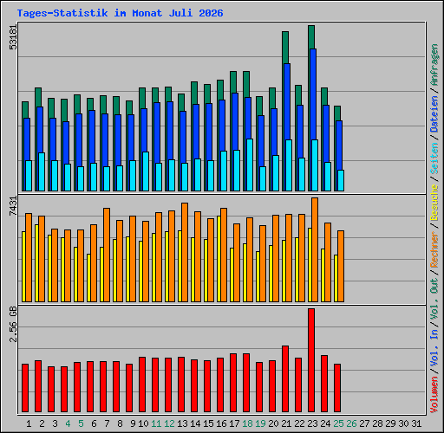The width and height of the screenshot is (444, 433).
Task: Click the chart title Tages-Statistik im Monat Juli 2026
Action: pyautogui.click(x=120, y=13)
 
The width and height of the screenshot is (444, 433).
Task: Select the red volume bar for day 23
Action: pyautogui.click(x=311, y=360)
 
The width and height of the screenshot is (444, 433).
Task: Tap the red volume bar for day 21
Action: pyautogui.click(x=285, y=378)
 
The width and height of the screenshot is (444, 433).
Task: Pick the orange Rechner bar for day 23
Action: pyautogui.click(x=315, y=250)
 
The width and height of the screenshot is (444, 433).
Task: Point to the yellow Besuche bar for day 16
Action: pyautogui.click(x=219, y=259)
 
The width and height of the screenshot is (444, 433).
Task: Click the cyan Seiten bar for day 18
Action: pyautogui.click(x=250, y=165)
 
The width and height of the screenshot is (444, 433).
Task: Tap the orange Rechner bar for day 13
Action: pyautogui.click(x=185, y=253)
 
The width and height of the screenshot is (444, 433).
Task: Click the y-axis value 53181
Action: pyautogui.click(x=13, y=37)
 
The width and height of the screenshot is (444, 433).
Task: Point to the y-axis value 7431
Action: pyautogui.click(x=13, y=206)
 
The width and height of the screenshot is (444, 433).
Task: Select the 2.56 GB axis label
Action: pyautogui.click(x=13, y=324)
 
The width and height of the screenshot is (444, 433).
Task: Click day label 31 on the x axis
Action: pyautogui.click(x=416, y=423)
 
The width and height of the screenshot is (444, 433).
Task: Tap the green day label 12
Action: pyautogui.click(x=169, y=423)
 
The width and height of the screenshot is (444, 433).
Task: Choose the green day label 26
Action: pyautogui.click(x=351, y=423)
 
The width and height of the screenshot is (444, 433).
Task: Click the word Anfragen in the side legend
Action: pyautogui.click(x=434, y=65)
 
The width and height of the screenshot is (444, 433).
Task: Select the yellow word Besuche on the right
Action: pyautogui.click(x=434, y=203)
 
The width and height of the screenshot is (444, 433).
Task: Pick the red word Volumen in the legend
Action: pyautogui.click(x=434, y=394)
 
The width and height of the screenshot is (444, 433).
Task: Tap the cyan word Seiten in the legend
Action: pyautogui.click(x=434, y=158)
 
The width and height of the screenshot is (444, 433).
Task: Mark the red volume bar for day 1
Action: pyautogui.click(x=25, y=388)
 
